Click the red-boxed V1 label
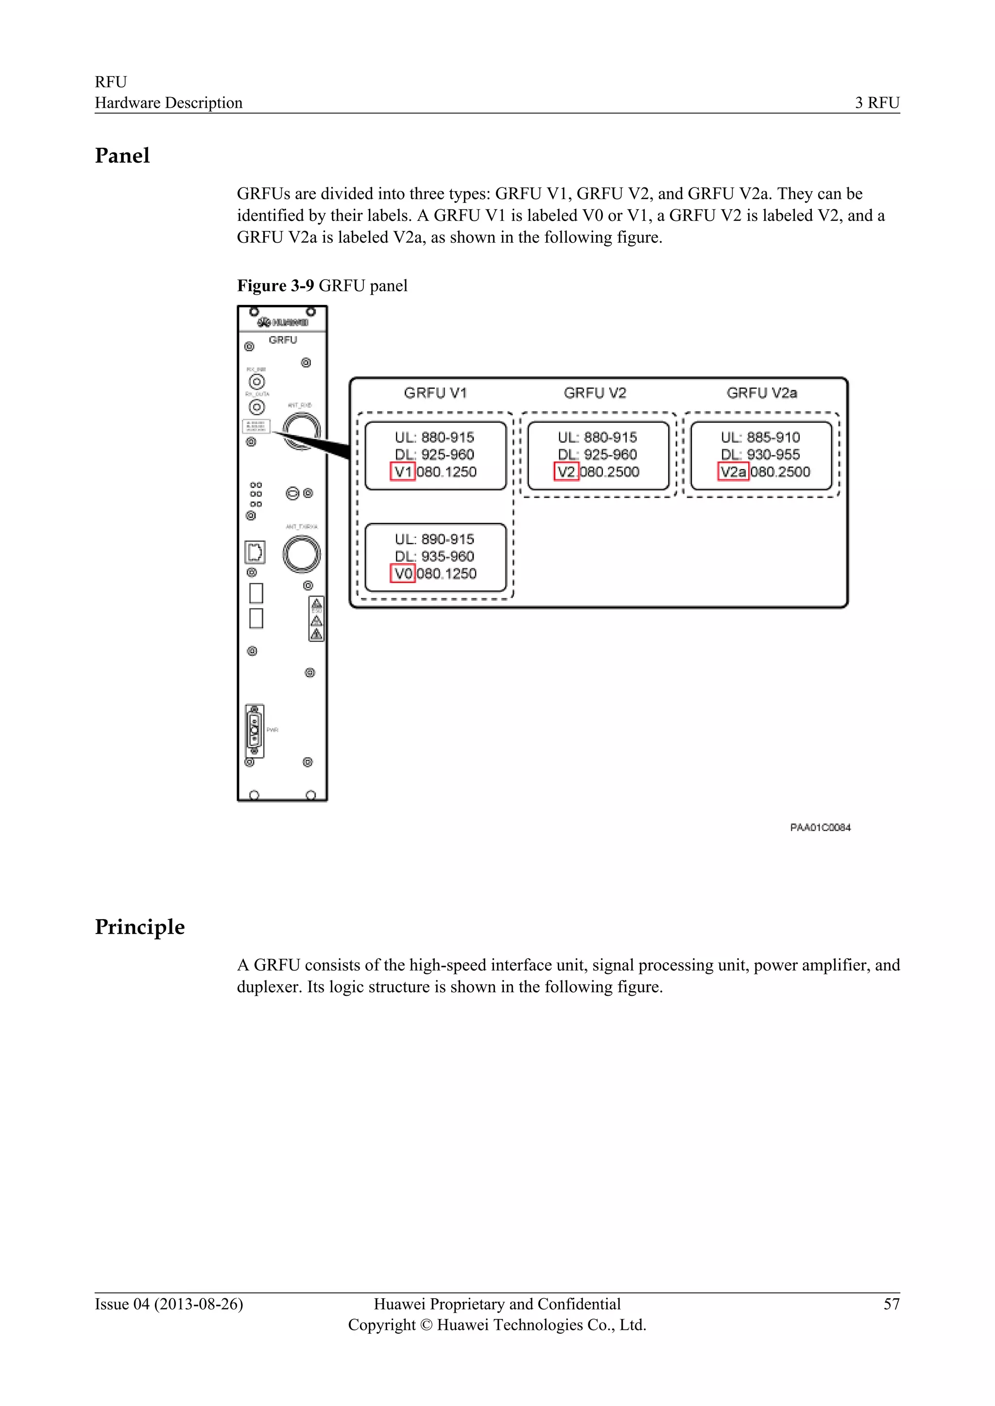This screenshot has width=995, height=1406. (403, 471)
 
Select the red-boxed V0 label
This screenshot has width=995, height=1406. (403, 573)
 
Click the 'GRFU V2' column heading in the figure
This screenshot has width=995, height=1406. (595, 393)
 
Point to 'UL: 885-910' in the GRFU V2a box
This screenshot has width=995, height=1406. (760, 437)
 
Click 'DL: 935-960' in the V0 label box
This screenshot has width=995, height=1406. (434, 556)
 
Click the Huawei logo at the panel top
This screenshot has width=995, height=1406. (283, 322)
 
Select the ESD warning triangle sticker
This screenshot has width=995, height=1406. (316, 619)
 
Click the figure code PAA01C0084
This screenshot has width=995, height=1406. (821, 827)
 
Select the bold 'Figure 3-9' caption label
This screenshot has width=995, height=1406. (275, 286)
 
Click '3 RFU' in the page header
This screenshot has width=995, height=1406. (877, 103)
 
